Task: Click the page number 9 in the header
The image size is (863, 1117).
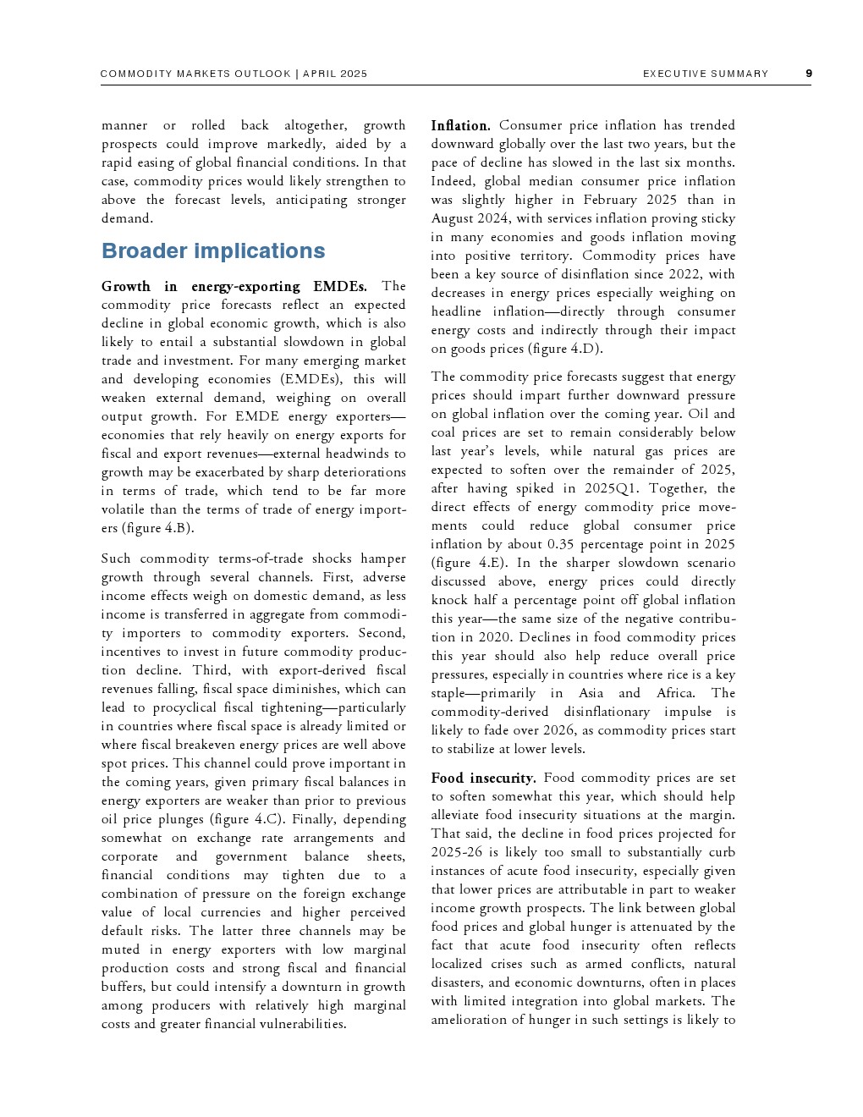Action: (808, 74)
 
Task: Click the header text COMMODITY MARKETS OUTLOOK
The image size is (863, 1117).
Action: (195, 74)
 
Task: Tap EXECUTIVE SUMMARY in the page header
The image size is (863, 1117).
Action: (706, 74)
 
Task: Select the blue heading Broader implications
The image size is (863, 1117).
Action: (213, 251)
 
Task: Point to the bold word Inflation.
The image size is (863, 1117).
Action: (460, 125)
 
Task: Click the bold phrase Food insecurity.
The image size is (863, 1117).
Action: (483, 778)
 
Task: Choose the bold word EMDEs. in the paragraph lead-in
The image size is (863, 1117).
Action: (340, 286)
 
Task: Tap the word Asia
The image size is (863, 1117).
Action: (591, 693)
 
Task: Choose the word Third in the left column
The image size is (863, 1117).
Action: (211, 670)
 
